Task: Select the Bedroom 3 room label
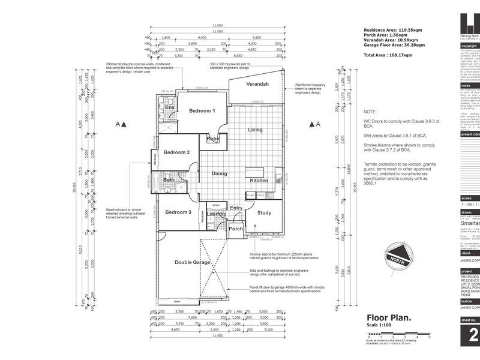click(x=178, y=212)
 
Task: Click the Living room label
click(x=256, y=130)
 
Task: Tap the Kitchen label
click(x=259, y=180)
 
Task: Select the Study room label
click(x=264, y=212)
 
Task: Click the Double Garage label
click(x=192, y=262)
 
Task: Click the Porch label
click(x=236, y=228)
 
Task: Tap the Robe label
click(x=213, y=139)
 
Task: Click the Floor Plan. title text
click(x=388, y=318)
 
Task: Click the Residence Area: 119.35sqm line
click(x=394, y=29)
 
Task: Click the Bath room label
click(x=169, y=179)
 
